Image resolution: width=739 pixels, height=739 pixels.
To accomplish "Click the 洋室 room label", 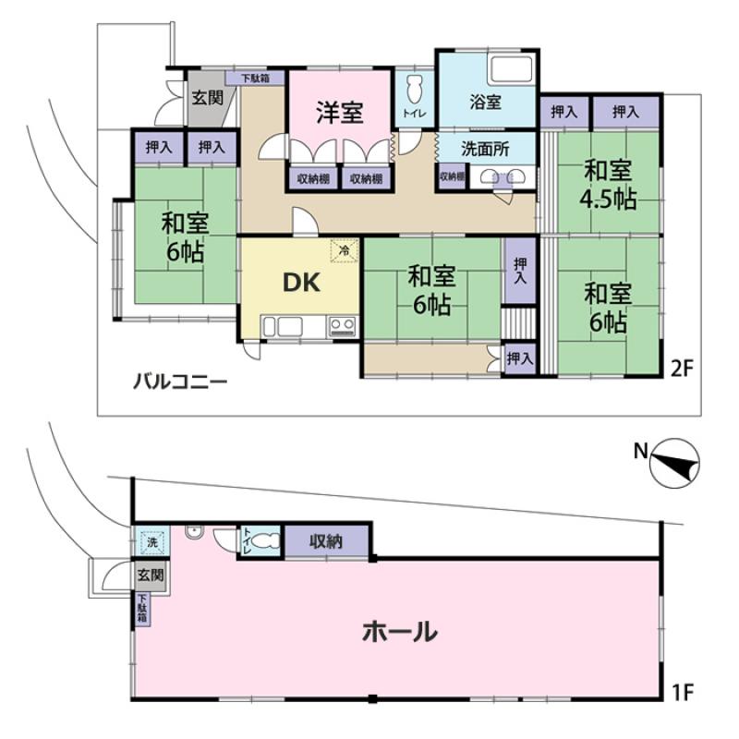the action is pos(340,113).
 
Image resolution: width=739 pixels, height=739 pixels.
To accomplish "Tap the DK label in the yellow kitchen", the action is pos(302,283).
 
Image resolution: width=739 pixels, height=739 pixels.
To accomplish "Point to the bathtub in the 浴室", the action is pos(512,70).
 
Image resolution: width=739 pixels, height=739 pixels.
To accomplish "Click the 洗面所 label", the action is pos(485,149).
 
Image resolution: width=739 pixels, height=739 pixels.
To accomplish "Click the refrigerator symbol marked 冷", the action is pos(345,250).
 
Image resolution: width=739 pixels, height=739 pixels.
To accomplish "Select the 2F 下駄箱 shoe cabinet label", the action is pos(256,78).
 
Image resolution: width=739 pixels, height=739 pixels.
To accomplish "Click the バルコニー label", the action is pos(180,381).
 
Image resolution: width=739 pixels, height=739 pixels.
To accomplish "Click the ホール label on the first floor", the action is pos(400,632).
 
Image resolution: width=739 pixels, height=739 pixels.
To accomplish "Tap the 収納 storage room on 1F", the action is pos(326,541).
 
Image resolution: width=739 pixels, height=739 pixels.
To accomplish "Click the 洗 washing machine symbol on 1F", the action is pos(151,542).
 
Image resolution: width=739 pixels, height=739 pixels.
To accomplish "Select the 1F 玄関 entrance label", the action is pos(151,575).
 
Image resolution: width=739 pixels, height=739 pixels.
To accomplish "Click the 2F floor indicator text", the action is pos(683,369).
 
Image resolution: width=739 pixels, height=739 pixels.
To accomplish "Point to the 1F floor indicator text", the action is pos(682,692).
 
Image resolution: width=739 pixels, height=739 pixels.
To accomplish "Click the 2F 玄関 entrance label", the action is pos(207,98).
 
